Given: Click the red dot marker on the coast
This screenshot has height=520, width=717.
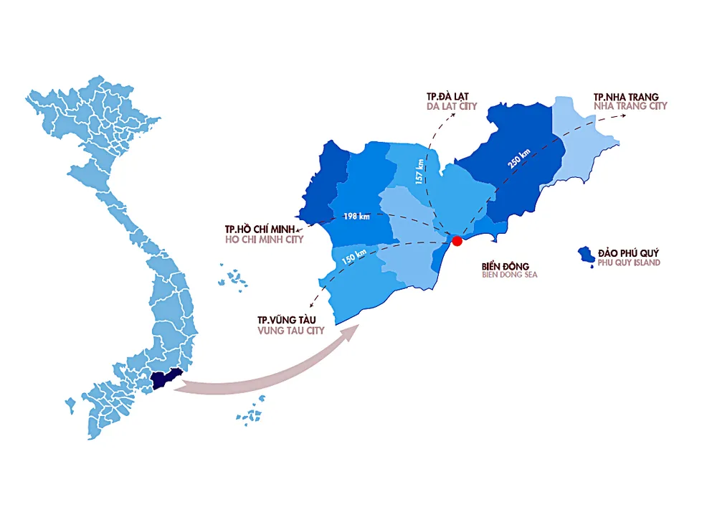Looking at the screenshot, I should [x=457, y=241].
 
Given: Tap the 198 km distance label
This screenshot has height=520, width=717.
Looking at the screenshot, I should [x=356, y=216].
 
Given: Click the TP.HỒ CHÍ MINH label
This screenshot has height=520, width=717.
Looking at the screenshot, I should [x=264, y=229].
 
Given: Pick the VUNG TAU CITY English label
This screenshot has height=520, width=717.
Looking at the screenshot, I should [x=291, y=331].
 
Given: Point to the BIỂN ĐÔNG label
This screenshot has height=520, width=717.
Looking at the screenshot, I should [x=505, y=266].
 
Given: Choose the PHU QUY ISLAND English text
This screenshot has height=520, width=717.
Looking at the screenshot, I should [x=629, y=263].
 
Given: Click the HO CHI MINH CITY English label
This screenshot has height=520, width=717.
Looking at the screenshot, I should [x=264, y=239].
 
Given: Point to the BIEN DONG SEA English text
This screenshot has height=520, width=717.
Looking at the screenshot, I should [x=510, y=275].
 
